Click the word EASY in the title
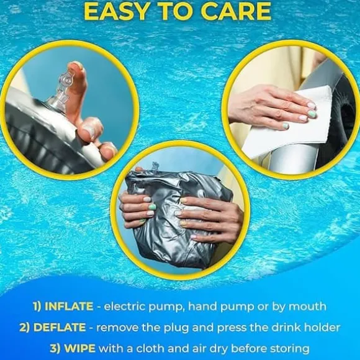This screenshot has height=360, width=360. coord(115,11)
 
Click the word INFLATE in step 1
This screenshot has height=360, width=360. coord(69,307)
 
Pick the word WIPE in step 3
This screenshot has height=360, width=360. coord(79,349)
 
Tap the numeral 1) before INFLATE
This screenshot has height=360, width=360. coord(38,307)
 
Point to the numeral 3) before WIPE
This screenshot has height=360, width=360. coord(56,349)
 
